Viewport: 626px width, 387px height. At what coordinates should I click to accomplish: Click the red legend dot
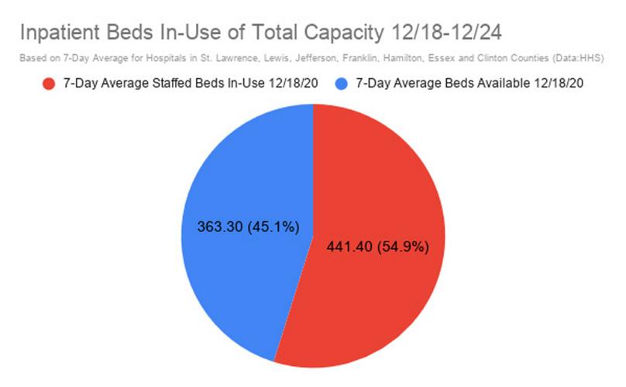(x=48, y=84)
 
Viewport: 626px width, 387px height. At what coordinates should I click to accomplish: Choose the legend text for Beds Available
(x=468, y=84)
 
